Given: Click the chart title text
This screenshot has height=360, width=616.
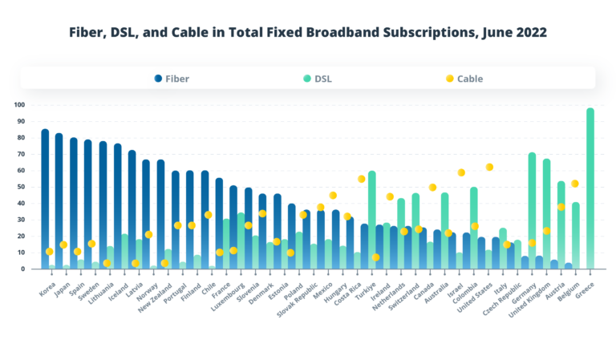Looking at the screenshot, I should (308, 33).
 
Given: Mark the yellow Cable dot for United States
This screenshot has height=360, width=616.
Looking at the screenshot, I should (489, 167).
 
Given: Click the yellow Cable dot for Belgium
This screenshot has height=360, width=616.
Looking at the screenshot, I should (575, 184).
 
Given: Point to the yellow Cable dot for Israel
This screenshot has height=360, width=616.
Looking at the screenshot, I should (461, 172).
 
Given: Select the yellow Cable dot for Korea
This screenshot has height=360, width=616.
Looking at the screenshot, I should (50, 252).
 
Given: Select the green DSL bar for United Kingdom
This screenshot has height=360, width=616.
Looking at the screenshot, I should (546, 212).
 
